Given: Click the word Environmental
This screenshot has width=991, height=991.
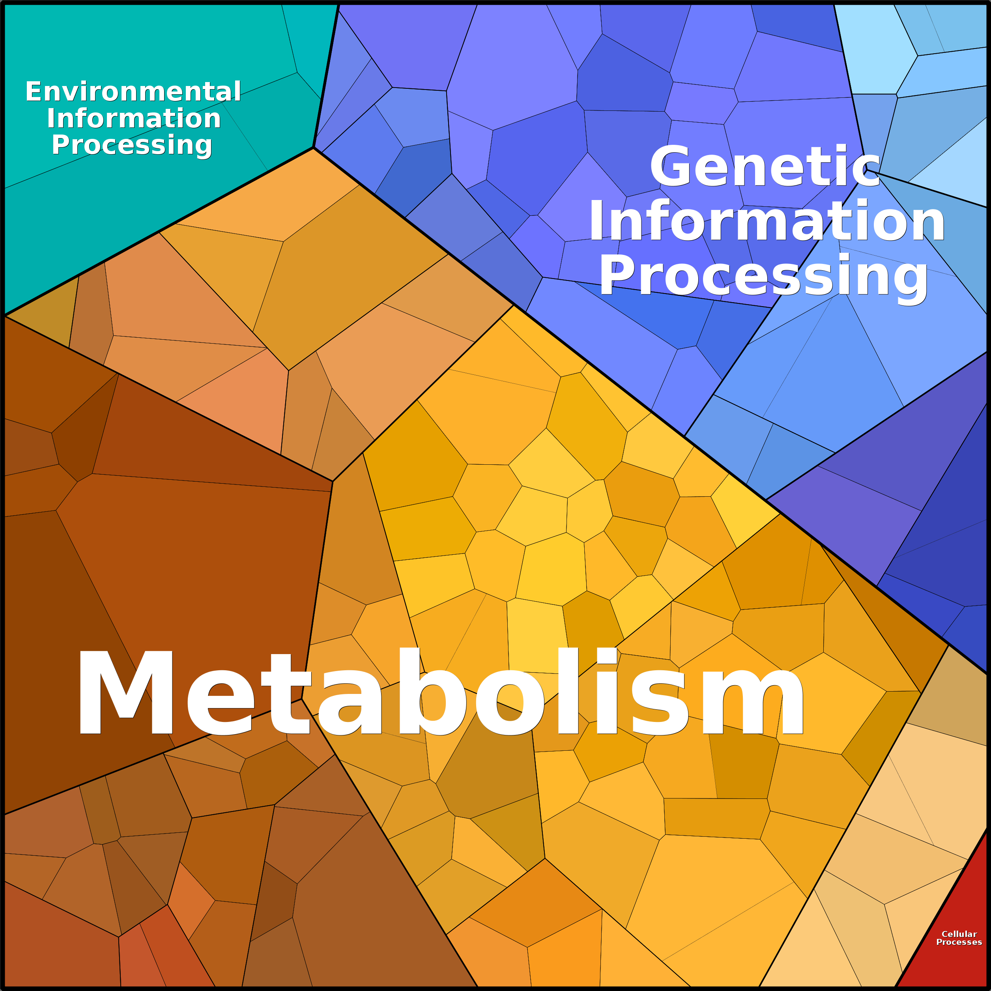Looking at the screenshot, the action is [x=133, y=92].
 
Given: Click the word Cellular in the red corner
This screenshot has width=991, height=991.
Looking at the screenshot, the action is [x=959, y=934].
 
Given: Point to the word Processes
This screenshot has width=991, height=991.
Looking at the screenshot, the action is [x=959, y=942].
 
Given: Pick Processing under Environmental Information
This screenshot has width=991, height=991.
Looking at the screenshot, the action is [x=132, y=145].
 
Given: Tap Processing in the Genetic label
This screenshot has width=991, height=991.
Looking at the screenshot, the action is [x=763, y=277].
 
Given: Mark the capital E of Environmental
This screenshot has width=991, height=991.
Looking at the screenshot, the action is [x=34, y=92].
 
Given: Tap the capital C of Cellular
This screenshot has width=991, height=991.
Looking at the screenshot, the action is [x=945, y=934].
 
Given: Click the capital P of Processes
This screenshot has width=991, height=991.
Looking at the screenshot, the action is [x=940, y=942].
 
